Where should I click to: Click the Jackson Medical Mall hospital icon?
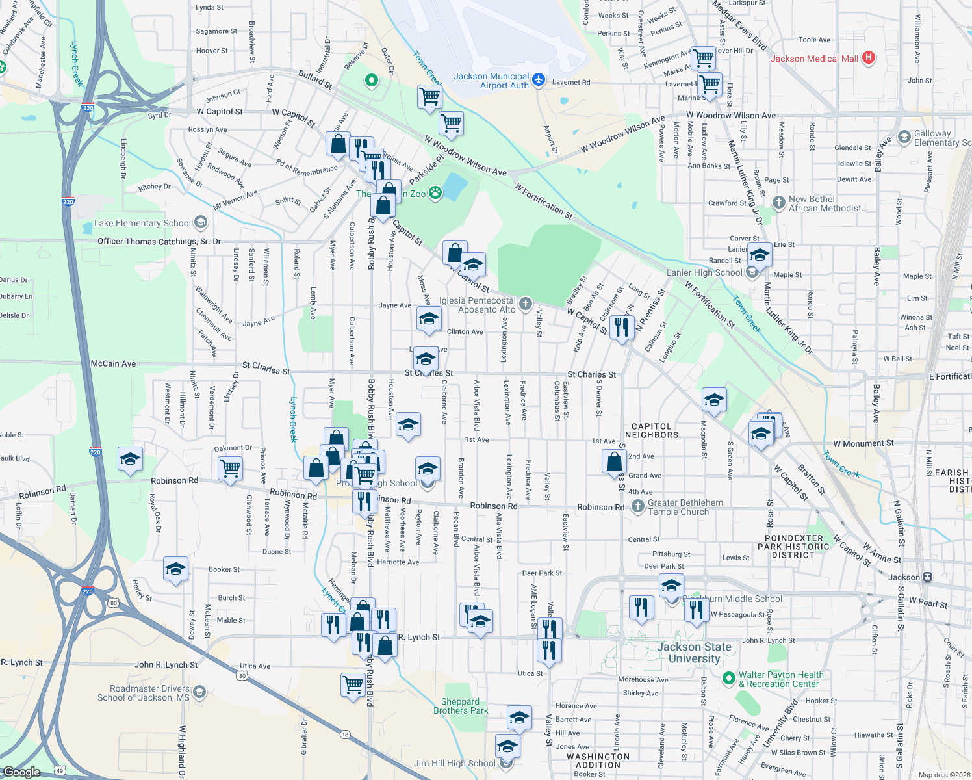tap(868, 58)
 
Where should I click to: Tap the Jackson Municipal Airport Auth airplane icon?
tap(538, 80)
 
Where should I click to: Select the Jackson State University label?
tap(694, 653)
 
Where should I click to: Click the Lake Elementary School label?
tap(142, 223)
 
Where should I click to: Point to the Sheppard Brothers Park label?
tap(461, 706)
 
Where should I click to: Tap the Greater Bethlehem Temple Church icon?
tap(638, 506)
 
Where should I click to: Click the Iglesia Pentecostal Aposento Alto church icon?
tap(526, 304)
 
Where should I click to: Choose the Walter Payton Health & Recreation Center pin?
tap(728, 679)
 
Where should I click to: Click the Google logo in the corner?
tap(22, 772)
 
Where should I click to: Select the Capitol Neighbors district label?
tap(651, 431)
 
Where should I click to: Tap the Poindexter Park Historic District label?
tap(793, 547)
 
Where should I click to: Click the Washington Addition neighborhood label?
tap(598, 760)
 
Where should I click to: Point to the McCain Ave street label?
tap(114, 363)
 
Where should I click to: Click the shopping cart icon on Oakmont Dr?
tap(231, 467)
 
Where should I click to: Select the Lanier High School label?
tap(704, 272)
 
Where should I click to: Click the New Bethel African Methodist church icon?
tap(778, 203)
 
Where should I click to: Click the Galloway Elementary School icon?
tap(903, 137)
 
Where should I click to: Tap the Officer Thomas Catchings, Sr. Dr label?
tap(159, 241)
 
